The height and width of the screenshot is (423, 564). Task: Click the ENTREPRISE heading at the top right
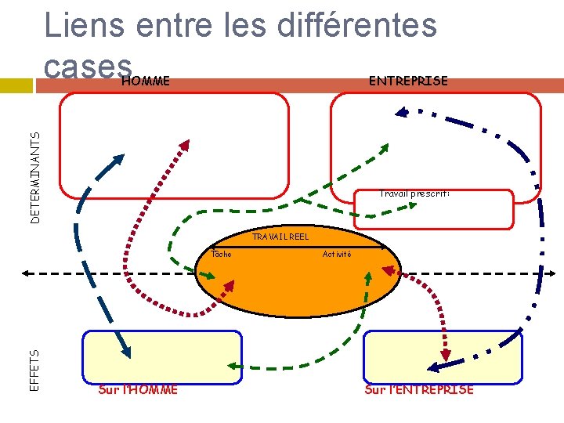click(408, 81)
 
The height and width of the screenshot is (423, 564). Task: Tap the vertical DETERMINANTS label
click(35, 176)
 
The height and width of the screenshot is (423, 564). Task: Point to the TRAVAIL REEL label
click(280, 237)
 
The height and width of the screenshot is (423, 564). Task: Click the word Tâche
click(222, 254)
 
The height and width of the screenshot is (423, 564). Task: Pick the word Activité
click(337, 254)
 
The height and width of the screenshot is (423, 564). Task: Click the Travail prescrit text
click(414, 193)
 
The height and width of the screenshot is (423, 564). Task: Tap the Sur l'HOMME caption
click(138, 389)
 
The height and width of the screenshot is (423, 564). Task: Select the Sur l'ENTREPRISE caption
click(419, 389)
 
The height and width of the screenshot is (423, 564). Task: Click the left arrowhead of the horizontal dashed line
click(27, 273)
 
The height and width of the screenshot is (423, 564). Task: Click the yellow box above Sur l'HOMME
click(163, 356)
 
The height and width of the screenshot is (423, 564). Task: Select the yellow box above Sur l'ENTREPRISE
click(443, 356)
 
